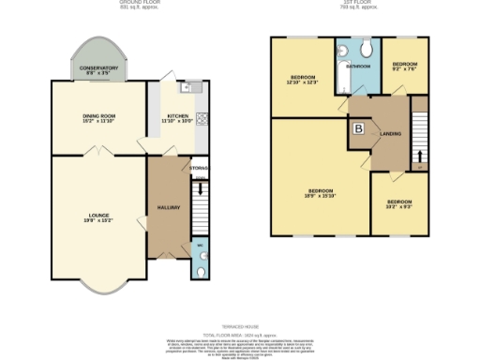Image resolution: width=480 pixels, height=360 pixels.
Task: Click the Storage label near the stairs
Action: [198, 169]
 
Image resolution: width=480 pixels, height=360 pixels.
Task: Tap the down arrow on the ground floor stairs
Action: [198, 188]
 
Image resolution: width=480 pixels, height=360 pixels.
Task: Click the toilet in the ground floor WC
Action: [203, 272]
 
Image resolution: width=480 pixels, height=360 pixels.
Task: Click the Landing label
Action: [391, 134]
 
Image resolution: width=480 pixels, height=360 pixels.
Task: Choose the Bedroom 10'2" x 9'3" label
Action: [399, 203]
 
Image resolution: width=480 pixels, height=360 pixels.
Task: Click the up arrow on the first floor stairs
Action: [419, 155]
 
